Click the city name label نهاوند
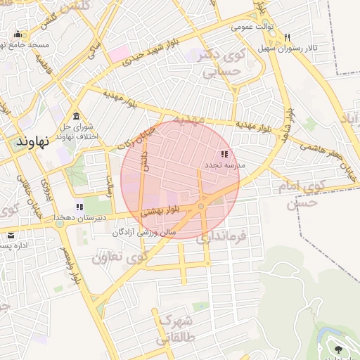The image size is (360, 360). point(36,141)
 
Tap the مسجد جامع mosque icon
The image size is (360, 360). point(17,34)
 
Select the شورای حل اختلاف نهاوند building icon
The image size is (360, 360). point(77,116)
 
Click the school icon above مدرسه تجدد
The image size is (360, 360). point(224,154)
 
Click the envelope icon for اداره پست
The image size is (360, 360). point(11,236)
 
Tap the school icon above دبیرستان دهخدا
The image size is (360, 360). point(79,207)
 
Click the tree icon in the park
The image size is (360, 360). point(339,349)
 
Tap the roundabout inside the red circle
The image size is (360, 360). point(201,206)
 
